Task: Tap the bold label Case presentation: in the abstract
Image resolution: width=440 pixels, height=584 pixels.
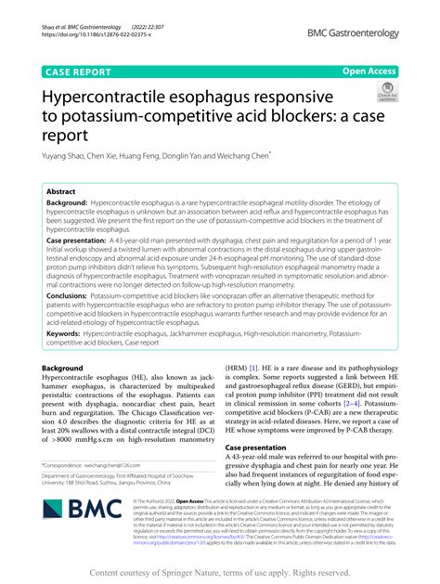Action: (84, 240)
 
